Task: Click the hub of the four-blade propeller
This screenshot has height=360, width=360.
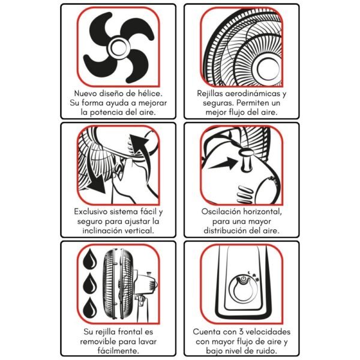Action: pyautogui.click(x=118, y=47)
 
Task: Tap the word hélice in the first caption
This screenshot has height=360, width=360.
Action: pyautogui.click(x=150, y=94)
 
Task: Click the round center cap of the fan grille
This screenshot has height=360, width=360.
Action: pyautogui.click(x=268, y=69)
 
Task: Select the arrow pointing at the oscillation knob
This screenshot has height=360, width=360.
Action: pyautogui.click(x=222, y=163)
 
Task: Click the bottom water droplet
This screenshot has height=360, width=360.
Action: pyautogui.click(x=90, y=307)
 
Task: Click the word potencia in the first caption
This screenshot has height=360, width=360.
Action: pyautogui.click(x=106, y=113)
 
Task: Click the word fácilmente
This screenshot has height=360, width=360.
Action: pyautogui.click(x=118, y=351)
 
